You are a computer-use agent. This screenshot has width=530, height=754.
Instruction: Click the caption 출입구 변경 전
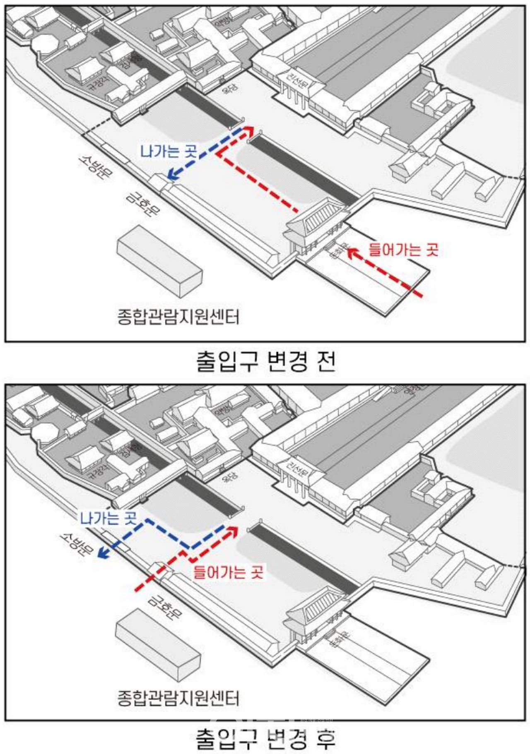[x=265, y=361]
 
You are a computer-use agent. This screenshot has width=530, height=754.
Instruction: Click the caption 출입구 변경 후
[x=265, y=739]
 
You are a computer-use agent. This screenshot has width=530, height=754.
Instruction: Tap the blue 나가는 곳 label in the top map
[x=169, y=151]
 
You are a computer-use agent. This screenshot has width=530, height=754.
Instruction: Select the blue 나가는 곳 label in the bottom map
[x=108, y=518]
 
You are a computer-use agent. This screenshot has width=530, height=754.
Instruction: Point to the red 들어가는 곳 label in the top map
[x=403, y=250]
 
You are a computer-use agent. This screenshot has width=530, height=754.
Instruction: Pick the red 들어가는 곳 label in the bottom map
[x=228, y=572]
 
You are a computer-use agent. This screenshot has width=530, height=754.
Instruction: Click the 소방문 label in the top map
[x=95, y=166]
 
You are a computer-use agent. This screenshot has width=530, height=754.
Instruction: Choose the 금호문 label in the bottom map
[x=165, y=607]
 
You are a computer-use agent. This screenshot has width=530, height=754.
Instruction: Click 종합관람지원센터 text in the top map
[x=178, y=317]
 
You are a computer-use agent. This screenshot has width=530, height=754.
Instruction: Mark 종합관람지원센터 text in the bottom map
[x=178, y=699]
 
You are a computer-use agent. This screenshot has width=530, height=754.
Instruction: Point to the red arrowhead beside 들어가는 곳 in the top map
[x=352, y=251]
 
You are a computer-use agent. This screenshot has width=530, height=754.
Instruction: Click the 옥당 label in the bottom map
[x=230, y=477]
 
